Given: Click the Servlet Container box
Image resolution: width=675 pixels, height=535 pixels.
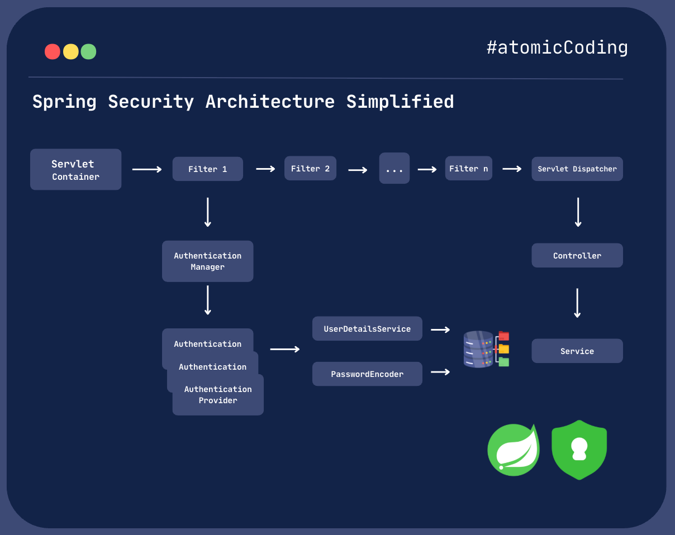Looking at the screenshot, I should (75, 169).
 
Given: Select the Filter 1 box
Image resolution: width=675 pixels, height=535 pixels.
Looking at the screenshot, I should (207, 169).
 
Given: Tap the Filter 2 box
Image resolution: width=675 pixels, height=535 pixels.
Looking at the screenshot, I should (310, 168).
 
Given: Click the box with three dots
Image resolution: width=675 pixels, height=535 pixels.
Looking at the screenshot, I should (394, 168).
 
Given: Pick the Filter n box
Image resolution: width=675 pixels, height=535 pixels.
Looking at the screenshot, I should (468, 168).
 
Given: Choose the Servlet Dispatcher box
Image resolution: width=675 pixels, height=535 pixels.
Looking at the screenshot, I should (577, 169).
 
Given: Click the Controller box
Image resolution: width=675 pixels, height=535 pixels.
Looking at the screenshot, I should (577, 255).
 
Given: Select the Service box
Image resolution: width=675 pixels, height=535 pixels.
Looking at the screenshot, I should (577, 351).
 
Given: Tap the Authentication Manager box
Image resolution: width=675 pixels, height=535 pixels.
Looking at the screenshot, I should (207, 261).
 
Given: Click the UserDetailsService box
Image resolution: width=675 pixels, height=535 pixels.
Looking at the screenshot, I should (367, 328).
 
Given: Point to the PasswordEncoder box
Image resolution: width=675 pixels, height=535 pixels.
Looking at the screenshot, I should (367, 374).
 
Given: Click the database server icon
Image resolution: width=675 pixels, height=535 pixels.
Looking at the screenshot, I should (479, 350).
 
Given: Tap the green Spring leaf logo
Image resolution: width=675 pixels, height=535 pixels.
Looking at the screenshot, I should (513, 450).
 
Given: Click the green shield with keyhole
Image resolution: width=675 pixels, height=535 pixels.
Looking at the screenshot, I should (579, 450).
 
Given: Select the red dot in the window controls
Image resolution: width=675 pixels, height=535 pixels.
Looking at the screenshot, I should (53, 52).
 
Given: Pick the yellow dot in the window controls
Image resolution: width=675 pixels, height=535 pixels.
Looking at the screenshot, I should (70, 52).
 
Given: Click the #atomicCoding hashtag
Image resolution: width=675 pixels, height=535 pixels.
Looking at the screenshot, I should (557, 47).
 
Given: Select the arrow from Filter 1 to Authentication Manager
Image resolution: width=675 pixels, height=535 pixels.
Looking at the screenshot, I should (207, 212).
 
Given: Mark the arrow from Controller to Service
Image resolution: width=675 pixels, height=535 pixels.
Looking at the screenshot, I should (577, 303).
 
